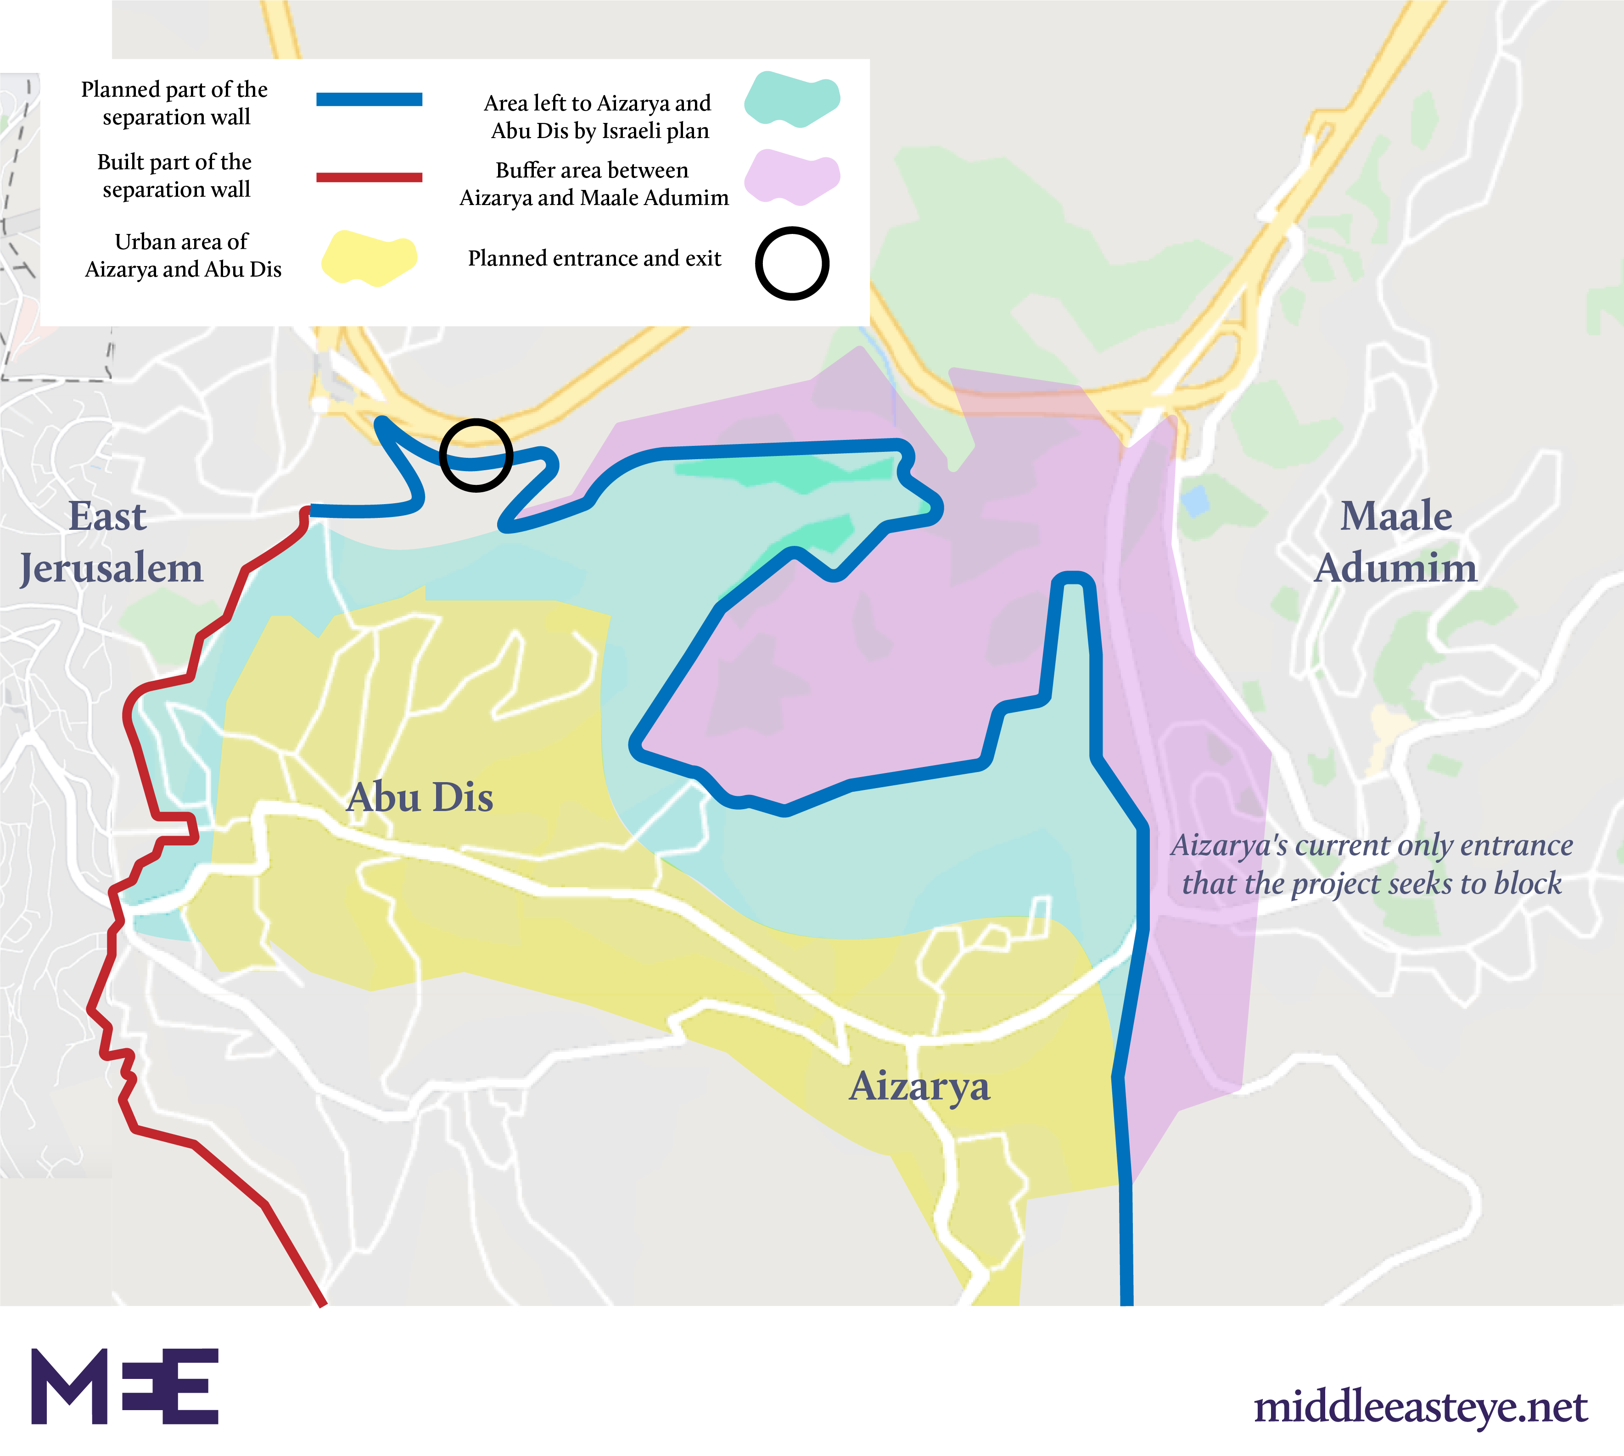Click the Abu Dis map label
420,798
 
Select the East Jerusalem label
111,542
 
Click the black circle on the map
476,455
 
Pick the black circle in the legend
792,263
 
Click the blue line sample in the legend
369,99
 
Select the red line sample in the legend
369,177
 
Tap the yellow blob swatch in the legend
369,258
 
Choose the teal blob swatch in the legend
792,99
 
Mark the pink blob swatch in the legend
792,177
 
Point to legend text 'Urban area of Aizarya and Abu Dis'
183,255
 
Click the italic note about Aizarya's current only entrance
1371,864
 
